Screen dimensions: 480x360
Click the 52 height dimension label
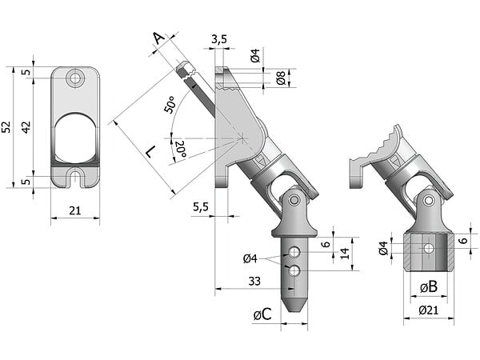pyautogui.click(x=6, y=126)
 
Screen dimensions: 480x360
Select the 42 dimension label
pyautogui.click(x=26, y=126)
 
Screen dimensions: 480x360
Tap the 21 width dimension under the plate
pyautogui.click(x=75, y=210)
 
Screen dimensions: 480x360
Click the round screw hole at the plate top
pyautogui.click(x=75, y=78)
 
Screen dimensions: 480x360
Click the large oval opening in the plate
pyautogui.click(x=76, y=138)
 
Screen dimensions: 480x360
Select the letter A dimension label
pyautogui.click(x=159, y=38)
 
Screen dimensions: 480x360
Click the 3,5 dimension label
pyautogui.click(x=219, y=39)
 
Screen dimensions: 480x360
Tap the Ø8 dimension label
pyautogui.click(x=281, y=78)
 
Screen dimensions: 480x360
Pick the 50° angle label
pyautogui.click(x=170, y=104)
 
